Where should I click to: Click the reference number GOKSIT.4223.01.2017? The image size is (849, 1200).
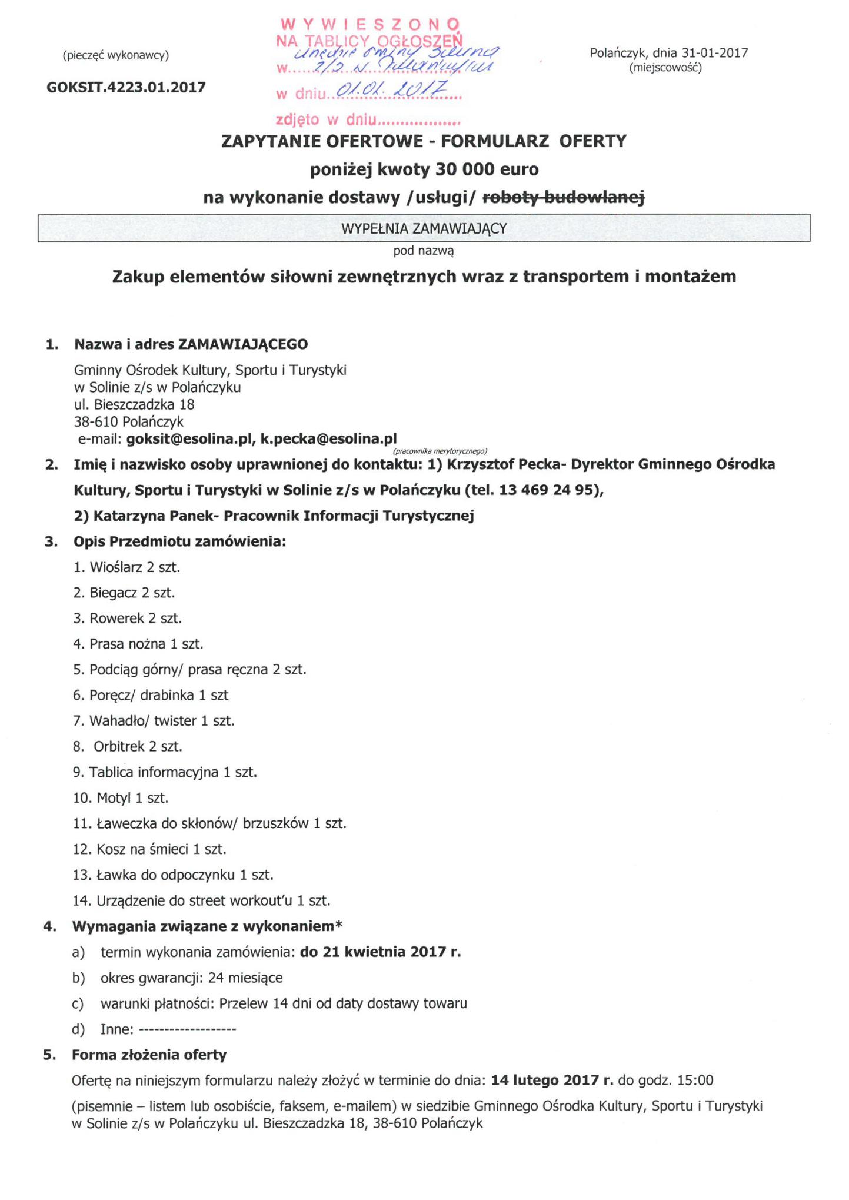(126, 88)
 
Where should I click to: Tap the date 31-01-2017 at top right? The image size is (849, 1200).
(715, 53)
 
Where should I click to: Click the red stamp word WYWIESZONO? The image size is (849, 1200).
(370, 24)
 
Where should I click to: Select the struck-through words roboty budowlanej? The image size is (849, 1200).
(563, 198)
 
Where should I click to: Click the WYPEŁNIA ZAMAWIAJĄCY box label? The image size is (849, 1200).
(424, 228)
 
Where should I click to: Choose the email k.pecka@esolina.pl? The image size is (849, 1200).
(329, 438)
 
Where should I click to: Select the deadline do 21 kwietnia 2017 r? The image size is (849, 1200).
(380, 952)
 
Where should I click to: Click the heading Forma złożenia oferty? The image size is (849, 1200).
(149, 1055)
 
